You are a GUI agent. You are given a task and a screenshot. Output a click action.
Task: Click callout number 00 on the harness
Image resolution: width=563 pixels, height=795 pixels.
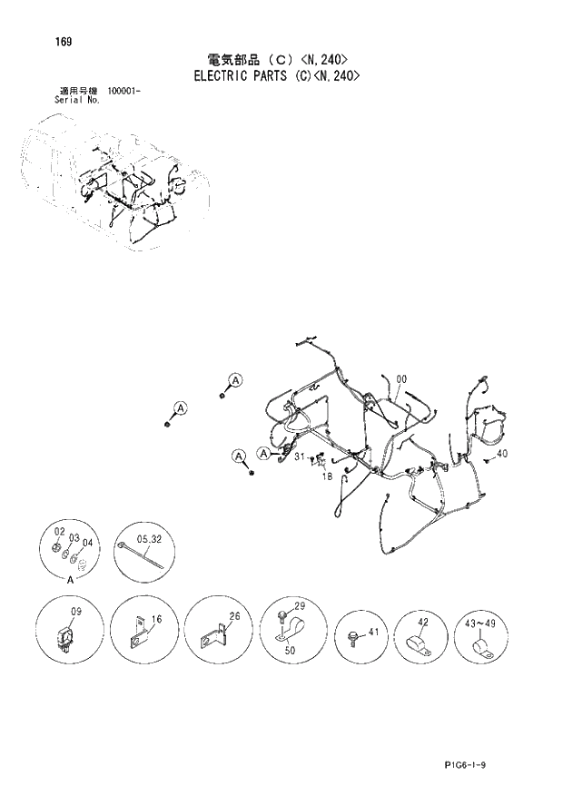(x=401, y=379)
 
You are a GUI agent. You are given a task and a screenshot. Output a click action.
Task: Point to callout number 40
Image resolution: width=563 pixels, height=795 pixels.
(x=502, y=454)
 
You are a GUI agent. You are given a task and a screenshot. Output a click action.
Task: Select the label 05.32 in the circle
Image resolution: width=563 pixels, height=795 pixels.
(x=149, y=538)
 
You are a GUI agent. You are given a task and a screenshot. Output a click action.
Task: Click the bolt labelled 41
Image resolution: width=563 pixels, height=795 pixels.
(x=351, y=635)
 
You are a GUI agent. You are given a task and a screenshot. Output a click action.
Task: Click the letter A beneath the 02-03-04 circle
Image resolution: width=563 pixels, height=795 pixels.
(x=69, y=575)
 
